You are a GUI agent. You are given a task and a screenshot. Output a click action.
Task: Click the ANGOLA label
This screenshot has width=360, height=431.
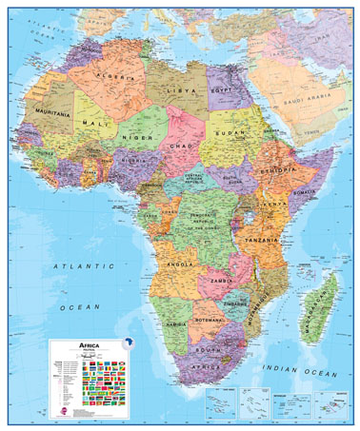[x=181, y=263]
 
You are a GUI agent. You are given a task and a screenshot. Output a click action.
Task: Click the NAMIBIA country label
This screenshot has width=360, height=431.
[x=174, y=325]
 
